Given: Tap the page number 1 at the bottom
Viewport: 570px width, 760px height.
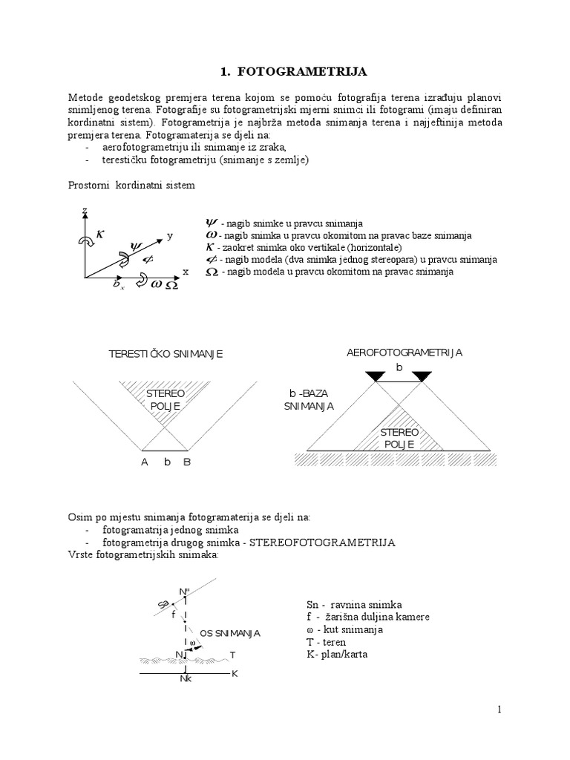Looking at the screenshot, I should point(500,710).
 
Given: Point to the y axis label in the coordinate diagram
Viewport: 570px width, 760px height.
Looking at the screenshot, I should point(170,235).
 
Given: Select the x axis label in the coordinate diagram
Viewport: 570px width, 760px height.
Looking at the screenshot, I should point(186,272).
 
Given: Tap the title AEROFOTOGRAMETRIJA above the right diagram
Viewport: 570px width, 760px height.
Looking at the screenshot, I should point(404,352).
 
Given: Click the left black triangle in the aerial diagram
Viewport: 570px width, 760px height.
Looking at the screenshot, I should point(376,377).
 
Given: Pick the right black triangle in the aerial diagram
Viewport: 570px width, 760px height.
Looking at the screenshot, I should point(422,377).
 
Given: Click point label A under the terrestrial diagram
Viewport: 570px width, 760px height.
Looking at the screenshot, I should point(145,462).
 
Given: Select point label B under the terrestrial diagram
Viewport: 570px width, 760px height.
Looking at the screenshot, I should point(187,462).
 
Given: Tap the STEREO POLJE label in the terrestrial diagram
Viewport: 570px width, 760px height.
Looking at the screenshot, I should point(165,399).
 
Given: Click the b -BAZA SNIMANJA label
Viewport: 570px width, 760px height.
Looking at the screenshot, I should point(309,400).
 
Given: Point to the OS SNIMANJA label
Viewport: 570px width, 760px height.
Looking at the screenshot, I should point(230,633).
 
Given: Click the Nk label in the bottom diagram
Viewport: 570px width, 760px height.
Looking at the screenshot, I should point(186,678).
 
